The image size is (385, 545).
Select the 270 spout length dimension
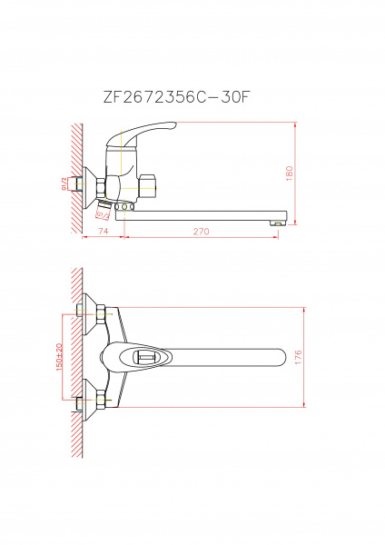pyautogui.click(x=201, y=233)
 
